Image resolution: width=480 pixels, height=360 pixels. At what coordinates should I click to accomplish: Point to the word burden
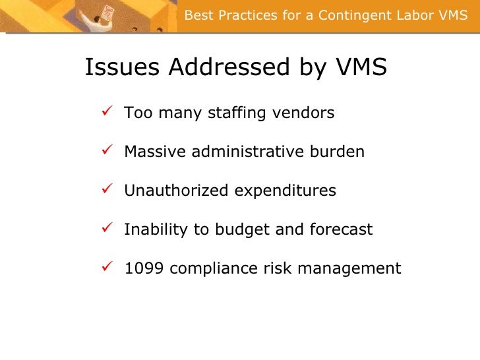(x=338, y=152)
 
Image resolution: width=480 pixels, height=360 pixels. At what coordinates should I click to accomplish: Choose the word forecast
(x=344, y=230)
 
